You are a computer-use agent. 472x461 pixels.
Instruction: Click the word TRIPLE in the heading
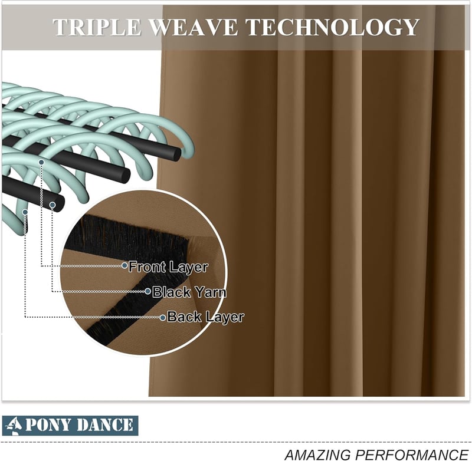97,27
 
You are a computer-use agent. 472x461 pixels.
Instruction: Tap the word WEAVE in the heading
194,27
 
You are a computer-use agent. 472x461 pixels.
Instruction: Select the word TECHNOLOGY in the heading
332,27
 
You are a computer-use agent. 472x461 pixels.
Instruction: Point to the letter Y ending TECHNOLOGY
409,27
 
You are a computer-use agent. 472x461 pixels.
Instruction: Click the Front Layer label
168,266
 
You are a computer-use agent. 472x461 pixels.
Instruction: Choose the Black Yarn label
189,292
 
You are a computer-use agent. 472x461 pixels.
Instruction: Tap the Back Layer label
205,317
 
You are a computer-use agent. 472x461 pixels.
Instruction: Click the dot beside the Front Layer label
124,265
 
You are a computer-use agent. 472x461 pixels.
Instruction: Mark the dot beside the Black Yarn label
147,291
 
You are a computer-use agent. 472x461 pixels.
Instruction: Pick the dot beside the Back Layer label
163,318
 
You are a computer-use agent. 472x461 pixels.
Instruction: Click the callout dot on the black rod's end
53,205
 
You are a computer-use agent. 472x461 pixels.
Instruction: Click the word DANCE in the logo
104,425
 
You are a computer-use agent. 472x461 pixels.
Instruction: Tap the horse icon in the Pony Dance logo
14,426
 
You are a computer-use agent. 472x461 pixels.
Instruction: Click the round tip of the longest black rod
175,153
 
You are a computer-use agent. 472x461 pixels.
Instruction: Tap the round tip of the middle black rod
124,175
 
